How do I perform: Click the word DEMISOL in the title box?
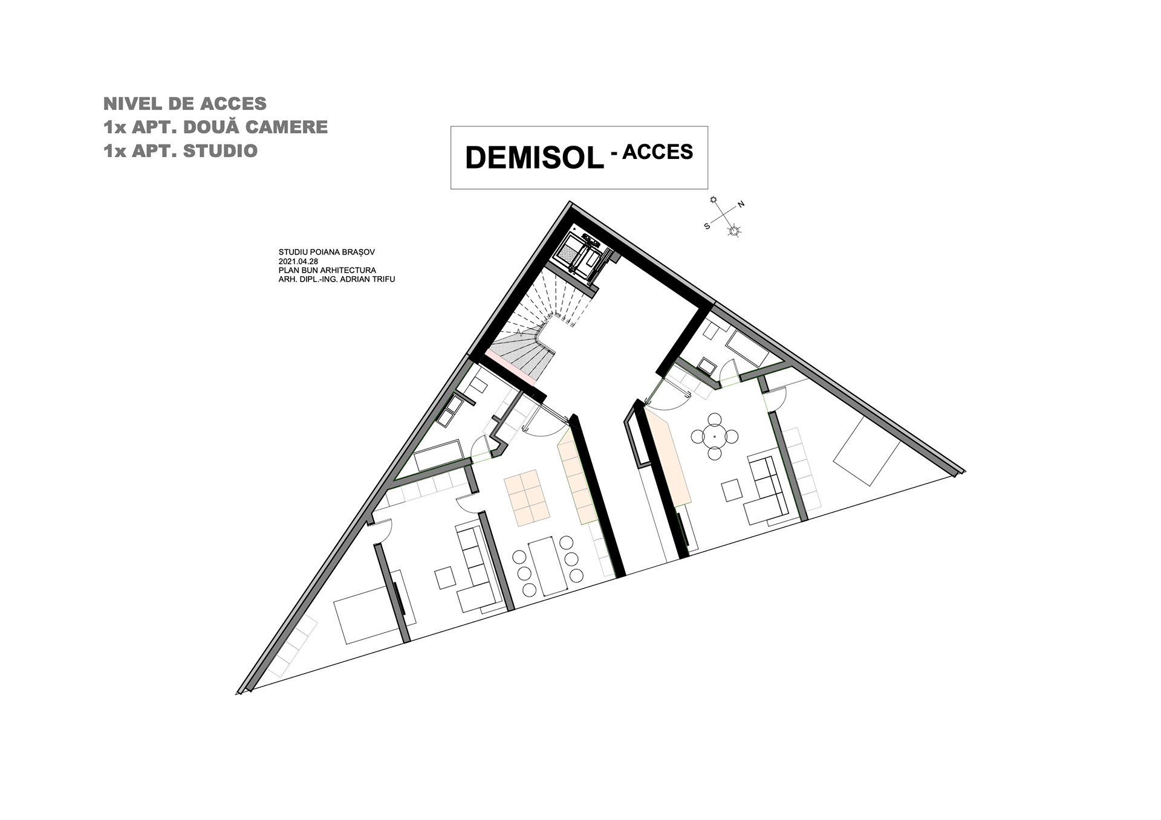click(x=535, y=158)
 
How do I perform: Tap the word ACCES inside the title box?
click(x=657, y=152)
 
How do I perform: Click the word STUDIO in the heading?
click(x=220, y=150)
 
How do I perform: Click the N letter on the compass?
click(x=741, y=204)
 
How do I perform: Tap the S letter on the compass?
click(x=706, y=226)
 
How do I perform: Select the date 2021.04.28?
click(x=298, y=261)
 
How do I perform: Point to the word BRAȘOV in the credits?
click(x=369, y=252)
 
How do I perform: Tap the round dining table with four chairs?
click(x=715, y=436)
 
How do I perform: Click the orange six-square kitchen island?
click(x=527, y=498)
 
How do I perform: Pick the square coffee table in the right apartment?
click(x=732, y=490)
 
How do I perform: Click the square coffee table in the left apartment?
click(x=446, y=577)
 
